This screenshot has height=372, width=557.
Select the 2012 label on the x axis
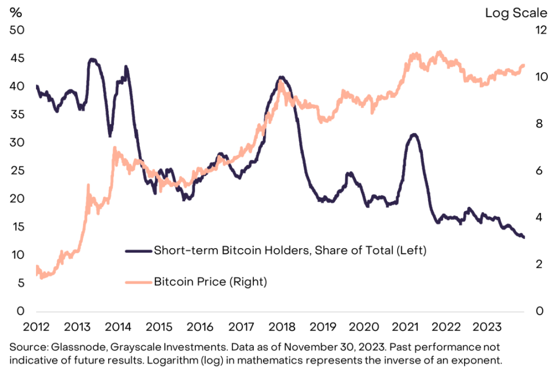(x=36, y=327)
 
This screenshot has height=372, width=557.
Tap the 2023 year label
(x=485, y=327)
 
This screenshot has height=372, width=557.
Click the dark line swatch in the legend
(x=138, y=250)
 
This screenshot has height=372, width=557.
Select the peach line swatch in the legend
(x=138, y=281)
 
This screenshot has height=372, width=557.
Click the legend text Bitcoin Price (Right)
(x=210, y=281)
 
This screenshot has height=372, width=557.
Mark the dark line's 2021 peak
(x=414, y=135)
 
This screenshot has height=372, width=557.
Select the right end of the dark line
(x=524, y=237)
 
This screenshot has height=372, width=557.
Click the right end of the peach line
(x=524, y=65)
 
